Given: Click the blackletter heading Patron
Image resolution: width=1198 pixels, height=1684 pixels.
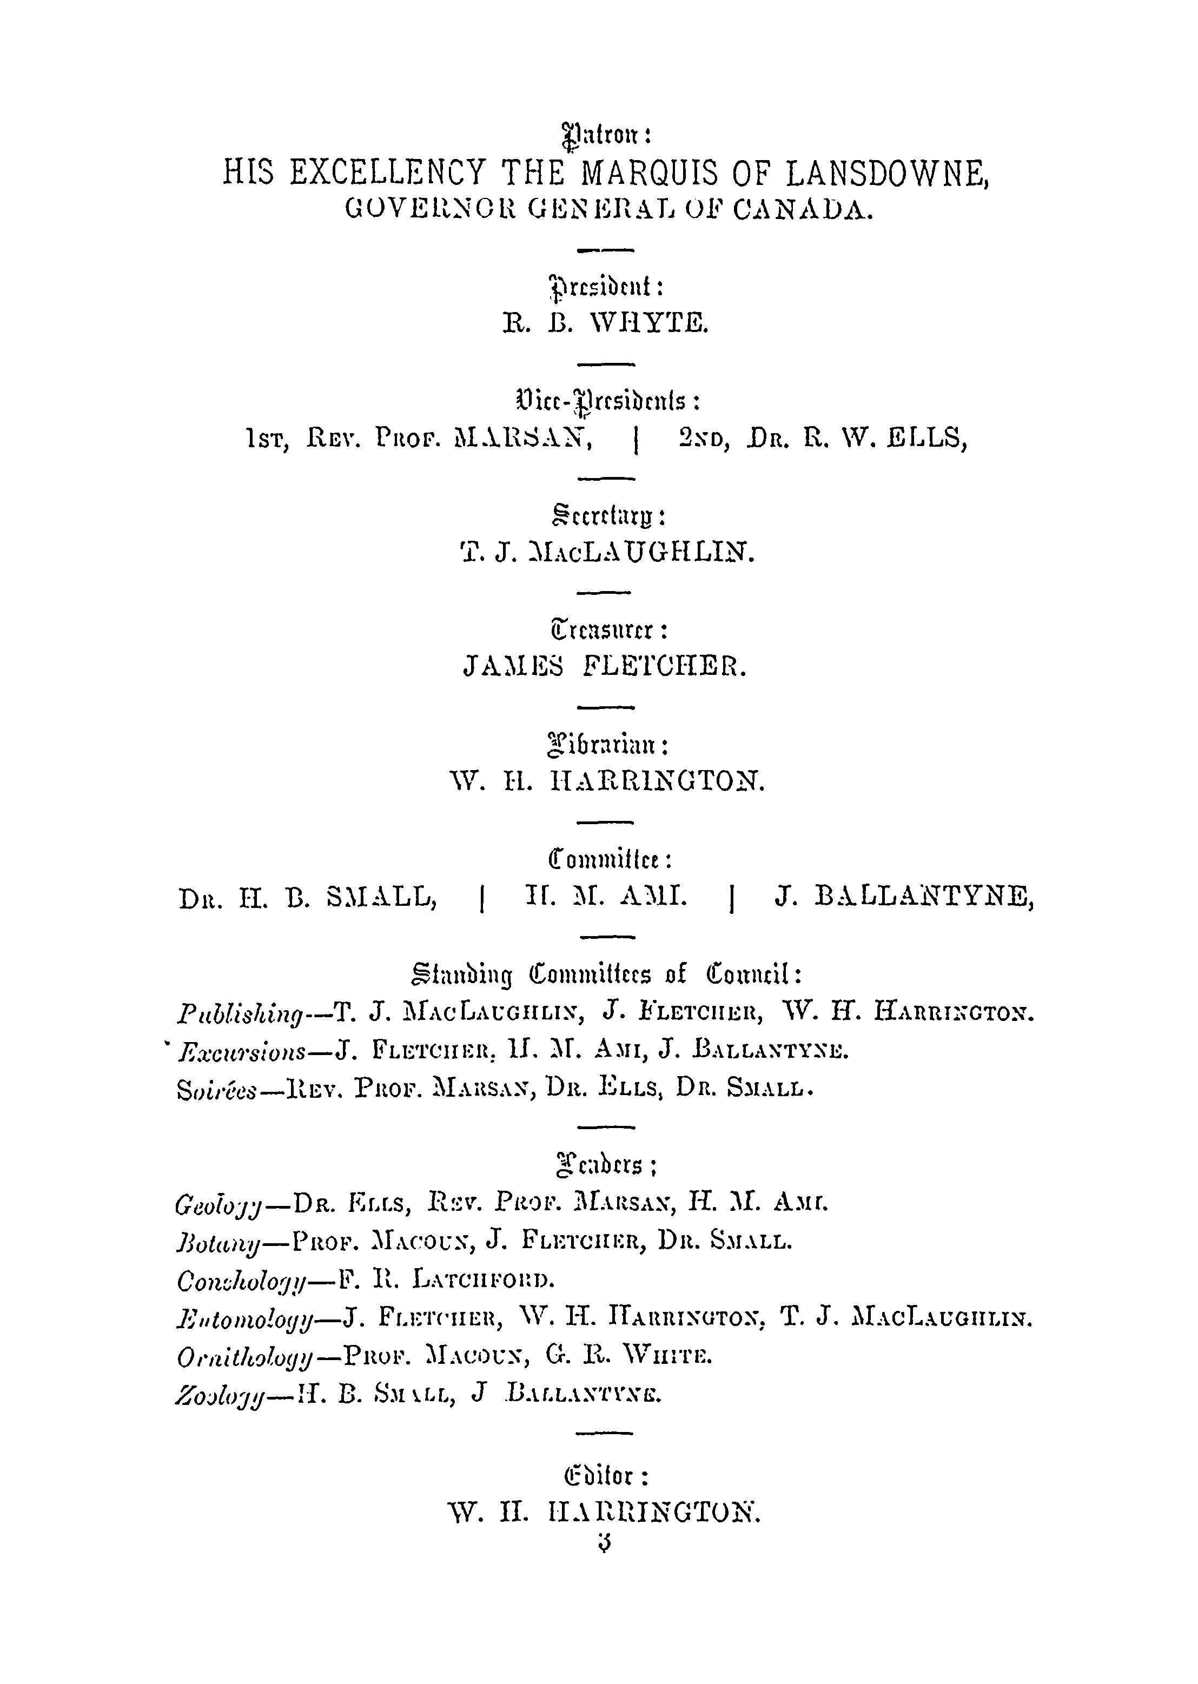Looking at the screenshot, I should point(604,136).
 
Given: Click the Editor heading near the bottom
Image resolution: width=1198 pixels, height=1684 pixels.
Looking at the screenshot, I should point(606,1475).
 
